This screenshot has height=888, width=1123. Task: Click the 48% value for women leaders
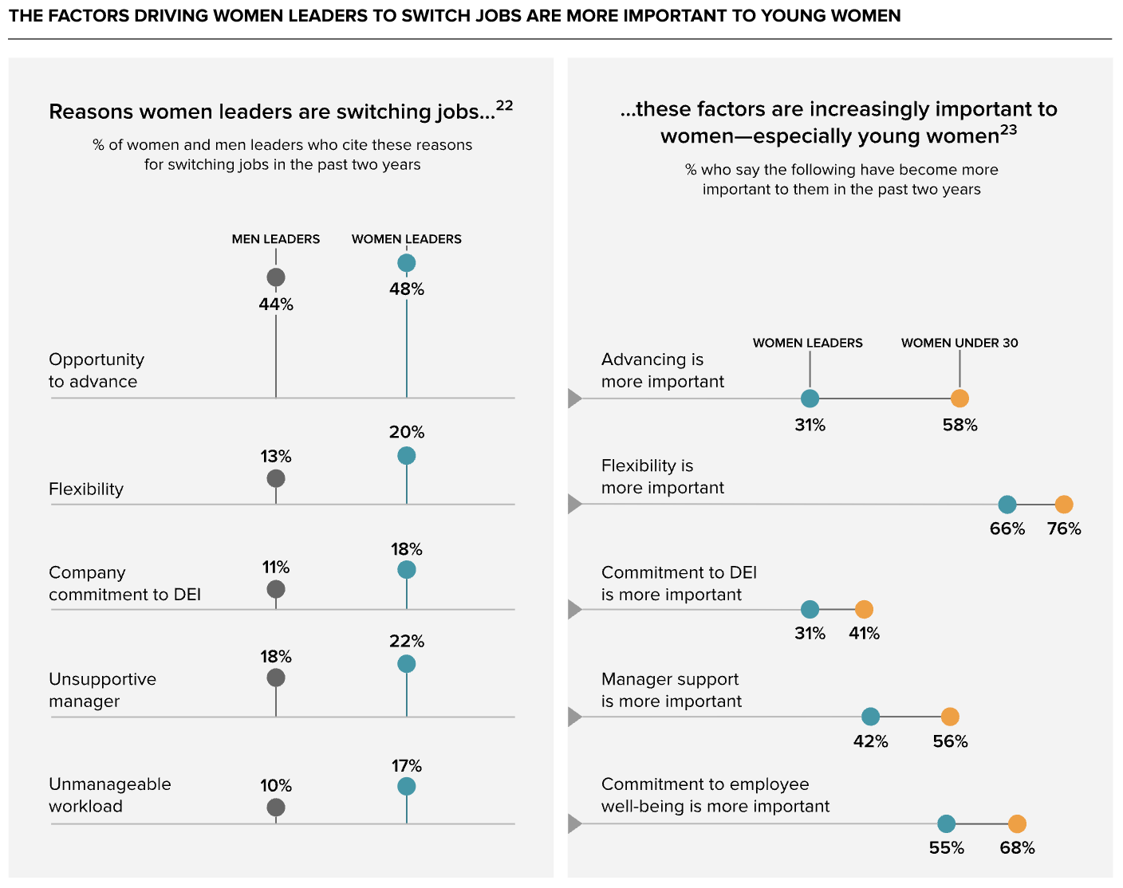pos(407,289)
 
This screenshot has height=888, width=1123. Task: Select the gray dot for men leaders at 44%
pos(276,277)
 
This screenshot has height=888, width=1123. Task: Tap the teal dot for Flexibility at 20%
pos(407,455)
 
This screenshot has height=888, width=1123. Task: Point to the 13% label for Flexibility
pos(276,457)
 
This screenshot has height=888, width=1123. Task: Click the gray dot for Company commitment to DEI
pos(276,590)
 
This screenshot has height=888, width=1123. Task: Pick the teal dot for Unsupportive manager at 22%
pos(407,664)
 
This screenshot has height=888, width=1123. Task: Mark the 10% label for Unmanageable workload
pos(276,785)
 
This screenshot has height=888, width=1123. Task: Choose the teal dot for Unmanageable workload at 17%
pos(407,786)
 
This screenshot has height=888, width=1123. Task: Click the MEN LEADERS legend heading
pos(276,239)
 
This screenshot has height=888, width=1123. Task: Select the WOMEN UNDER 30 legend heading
pos(959,343)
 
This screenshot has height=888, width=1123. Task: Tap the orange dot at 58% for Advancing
pos(959,398)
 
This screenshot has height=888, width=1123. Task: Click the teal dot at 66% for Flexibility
pos(1007,505)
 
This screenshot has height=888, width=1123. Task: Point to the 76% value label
pos(1064,528)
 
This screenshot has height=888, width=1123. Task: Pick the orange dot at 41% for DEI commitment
pos(864,609)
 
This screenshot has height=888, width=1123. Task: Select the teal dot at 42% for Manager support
pos(870,717)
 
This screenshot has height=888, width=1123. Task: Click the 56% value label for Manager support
pos(950,741)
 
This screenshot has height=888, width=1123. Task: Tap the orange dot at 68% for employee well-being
pos(1017,823)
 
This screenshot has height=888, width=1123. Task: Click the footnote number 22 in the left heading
pos(504,105)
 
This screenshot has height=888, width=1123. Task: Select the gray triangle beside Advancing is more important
pos(575,398)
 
